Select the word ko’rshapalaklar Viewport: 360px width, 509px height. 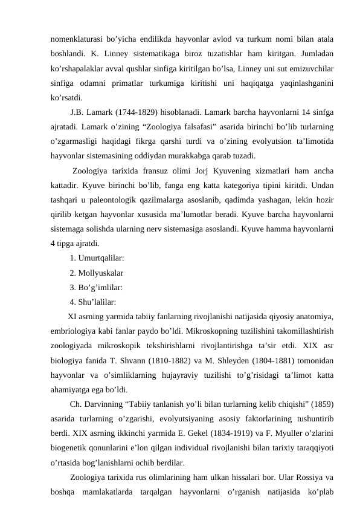click(75, 66)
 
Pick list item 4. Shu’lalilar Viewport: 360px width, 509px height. click(94, 302)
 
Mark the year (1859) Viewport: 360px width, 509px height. click(323, 404)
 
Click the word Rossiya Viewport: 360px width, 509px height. click(312, 478)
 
